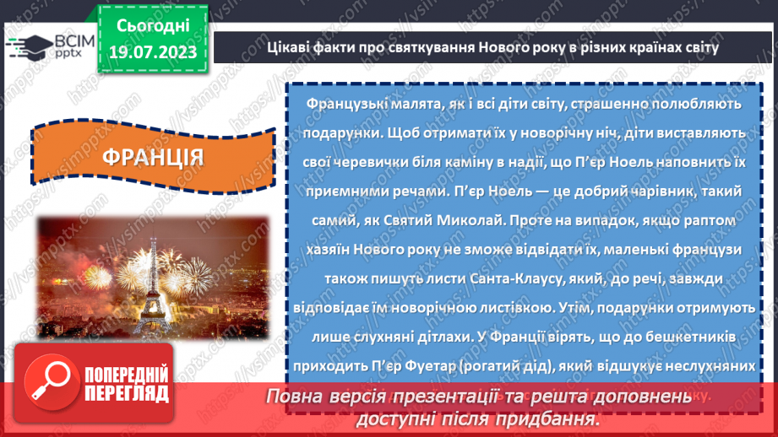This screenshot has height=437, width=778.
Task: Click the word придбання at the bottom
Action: pos(558,418)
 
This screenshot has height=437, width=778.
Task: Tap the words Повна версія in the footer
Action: pos(316,396)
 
